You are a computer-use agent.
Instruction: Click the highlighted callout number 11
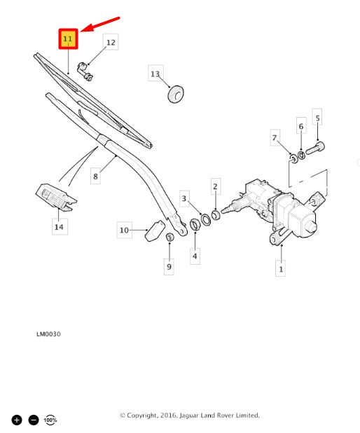[68, 39]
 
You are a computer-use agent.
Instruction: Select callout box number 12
[111, 42]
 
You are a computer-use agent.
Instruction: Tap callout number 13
[155, 73]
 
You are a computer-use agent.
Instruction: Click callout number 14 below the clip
[60, 227]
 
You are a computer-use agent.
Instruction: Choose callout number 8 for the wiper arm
[95, 176]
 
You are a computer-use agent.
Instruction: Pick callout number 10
[124, 230]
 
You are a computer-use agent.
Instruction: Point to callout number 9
[169, 266]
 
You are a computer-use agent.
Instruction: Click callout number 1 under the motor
[280, 268]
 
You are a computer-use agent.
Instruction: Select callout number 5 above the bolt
[317, 118]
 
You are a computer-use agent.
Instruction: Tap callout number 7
[275, 137]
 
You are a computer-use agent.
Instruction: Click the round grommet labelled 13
[176, 94]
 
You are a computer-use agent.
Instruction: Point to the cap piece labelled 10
[155, 231]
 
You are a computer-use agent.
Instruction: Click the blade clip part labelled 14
[56, 197]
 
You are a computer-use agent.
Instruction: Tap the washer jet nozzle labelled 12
[85, 71]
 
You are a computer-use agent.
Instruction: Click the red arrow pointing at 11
[100, 25]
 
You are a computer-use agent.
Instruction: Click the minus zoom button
[34, 420]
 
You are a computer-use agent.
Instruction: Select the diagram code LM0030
[48, 334]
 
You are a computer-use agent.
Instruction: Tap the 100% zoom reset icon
[50, 420]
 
